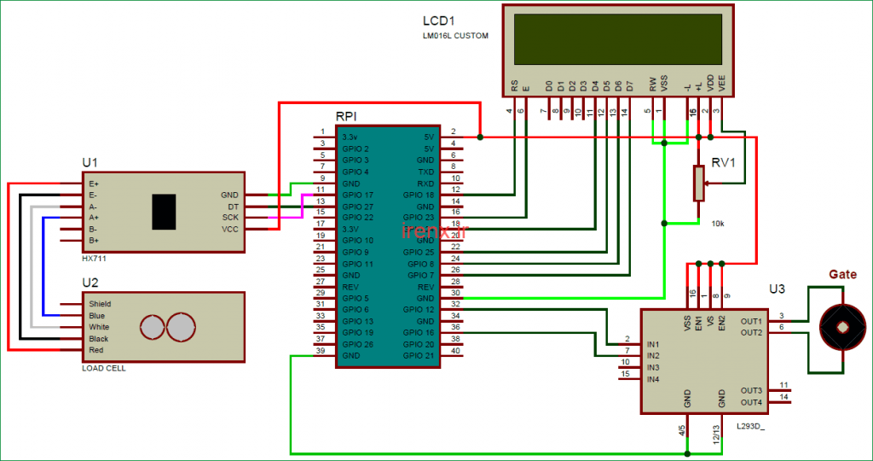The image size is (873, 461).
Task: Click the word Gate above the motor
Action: [x=842, y=274]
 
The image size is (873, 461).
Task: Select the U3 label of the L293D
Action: [x=777, y=289]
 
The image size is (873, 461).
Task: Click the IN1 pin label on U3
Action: [x=653, y=343]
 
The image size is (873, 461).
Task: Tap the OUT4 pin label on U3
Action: [x=751, y=402]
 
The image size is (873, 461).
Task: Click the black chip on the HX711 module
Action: [x=165, y=211]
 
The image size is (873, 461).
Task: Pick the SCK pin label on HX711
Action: [x=229, y=218]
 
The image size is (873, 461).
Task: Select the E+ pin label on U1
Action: [x=93, y=184]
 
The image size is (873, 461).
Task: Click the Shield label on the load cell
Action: [x=100, y=304]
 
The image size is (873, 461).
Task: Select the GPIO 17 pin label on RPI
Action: [x=358, y=195]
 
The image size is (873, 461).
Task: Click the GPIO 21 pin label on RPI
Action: [x=419, y=355]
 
